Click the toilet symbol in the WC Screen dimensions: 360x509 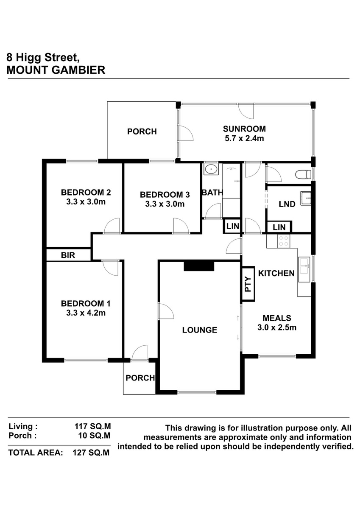303,175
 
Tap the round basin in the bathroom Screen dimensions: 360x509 211,169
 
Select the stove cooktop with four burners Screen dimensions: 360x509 284,241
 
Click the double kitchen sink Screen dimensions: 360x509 304,269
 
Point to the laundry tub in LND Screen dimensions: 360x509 306,199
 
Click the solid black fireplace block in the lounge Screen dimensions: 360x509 199,266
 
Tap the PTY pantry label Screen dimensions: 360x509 248,284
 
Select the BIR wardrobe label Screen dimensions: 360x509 68,255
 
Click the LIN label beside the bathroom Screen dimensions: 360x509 233,226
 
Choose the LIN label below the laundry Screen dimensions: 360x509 279,227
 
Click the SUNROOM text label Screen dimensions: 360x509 244,129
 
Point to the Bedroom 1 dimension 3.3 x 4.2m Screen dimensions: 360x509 86,313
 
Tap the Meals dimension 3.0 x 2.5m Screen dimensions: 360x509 277,327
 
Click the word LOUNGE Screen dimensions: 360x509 200,330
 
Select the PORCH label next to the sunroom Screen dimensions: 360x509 142,131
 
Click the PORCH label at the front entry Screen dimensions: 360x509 140,378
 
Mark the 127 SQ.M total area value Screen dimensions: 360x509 91,453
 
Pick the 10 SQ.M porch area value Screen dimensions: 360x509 94,436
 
